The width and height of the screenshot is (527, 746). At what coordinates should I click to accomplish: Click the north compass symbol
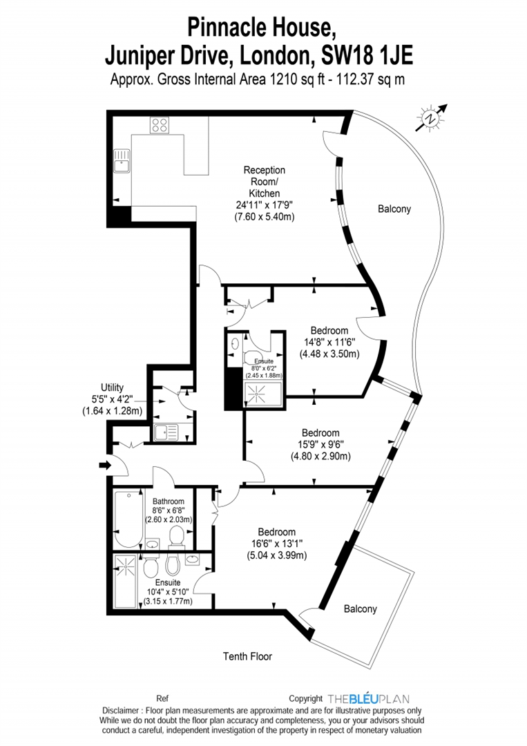pos(432,119)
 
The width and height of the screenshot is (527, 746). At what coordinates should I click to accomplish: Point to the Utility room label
pos(112,388)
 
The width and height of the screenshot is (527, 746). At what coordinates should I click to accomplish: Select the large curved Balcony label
pos(394,209)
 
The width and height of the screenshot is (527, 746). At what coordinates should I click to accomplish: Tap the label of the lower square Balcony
pos(361,609)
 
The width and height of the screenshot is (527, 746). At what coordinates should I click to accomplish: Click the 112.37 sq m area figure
pos(370,79)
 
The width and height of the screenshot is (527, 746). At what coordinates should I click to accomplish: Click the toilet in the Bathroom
pos(177,537)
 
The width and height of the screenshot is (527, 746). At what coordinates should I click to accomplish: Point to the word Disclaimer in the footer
pos(123,710)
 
